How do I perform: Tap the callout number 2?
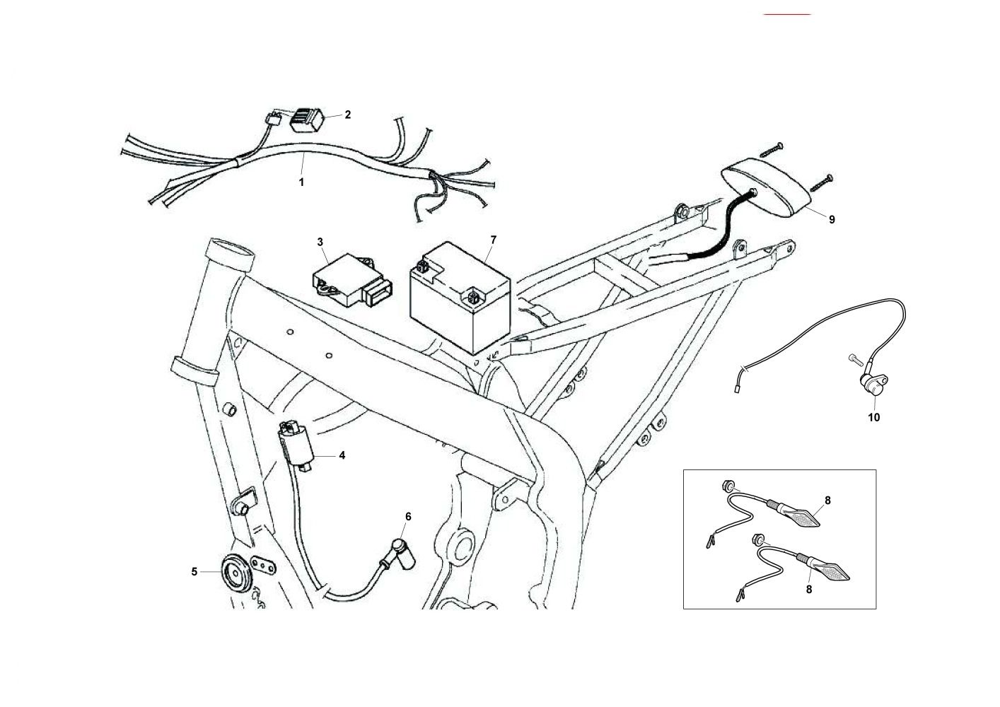tap(347, 115)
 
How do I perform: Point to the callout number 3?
tap(320, 242)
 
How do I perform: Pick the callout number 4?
tap(342, 455)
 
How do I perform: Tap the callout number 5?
tap(194, 572)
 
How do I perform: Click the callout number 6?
tap(407, 516)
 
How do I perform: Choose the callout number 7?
tap(493, 240)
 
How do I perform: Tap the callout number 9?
tap(832, 220)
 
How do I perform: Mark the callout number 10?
tap(874, 417)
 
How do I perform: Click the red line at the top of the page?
tap(787, 13)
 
